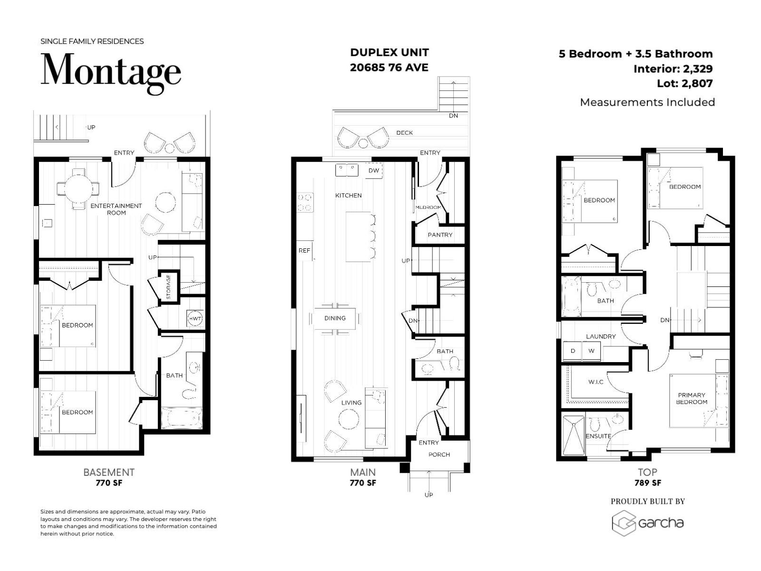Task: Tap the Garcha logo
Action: coord(647,523)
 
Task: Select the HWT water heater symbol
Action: coord(195,318)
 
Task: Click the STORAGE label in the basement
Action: coord(168,287)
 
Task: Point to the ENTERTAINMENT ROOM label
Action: coord(116,209)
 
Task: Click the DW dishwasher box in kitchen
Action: coord(374,170)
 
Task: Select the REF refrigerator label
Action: coord(304,250)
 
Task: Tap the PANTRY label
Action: coord(440,235)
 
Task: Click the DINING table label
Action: coord(335,318)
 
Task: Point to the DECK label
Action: coord(404,133)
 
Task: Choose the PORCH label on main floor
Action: coord(439,454)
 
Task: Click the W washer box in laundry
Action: coord(592,351)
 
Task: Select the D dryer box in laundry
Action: coord(573,351)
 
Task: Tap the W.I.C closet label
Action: coord(595,382)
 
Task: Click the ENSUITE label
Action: coord(598,436)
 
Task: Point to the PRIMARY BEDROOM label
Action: coord(692,398)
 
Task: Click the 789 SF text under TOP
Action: coord(647,483)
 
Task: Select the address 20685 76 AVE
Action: coord(389,68)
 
